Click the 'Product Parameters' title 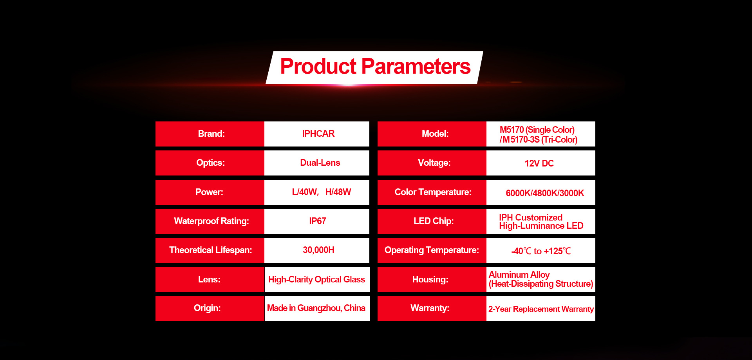click(x=375, y=66)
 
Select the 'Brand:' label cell click(x=210, y=134)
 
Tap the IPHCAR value click(x=318, y=134)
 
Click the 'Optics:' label click(x=210, y=163)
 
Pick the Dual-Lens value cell click(x=317, y=163)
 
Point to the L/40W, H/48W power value click(x=321, y=192)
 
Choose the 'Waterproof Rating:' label click(x=211, y=221)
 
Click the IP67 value click(x=318, y=221)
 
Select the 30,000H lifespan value click(x=318, y=250)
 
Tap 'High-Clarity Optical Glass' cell click(x=317, y=280)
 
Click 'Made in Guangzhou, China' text click(x=316, y=308)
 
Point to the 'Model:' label click(x=435, y=134)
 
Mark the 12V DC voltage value click(x=539, y=163)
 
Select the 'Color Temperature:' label click(x=433, y=192)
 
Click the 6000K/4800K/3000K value click(x=545, y=193)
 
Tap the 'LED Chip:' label click(x=434, y=221)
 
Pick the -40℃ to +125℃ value click(x=541, y=251)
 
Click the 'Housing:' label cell click(x=432, y=280)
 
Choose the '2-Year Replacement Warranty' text click(x=541, y=309)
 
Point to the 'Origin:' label click(x=207, y=308)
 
